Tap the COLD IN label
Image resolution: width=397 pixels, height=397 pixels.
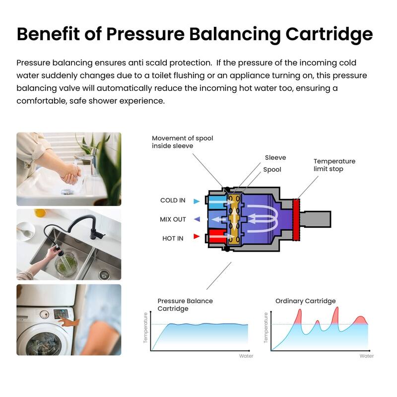(x=173, y=200)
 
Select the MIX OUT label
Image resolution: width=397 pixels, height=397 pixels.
(x=173, y=219)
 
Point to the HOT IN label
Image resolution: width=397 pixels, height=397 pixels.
(x=173, y=238)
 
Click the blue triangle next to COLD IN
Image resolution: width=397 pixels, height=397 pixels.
(x=197, y=201)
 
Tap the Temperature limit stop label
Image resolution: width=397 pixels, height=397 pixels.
(x=334, y=165)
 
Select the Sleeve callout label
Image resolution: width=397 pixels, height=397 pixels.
(x=275, y=158)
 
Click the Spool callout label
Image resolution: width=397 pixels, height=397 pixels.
(x=272, y=170)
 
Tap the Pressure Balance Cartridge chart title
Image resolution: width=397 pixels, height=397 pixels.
(x=185, y=305)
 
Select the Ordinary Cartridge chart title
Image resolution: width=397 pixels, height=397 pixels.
(x=305, y=301)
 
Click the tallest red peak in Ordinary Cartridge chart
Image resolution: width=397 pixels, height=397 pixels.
(x=337, y=313)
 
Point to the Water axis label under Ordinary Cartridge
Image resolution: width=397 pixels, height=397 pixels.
(x=367, y=356)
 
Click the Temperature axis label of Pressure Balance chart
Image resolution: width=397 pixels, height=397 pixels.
(x=146, y=328)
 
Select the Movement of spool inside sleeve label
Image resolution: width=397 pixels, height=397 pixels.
(x=182, y=142)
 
